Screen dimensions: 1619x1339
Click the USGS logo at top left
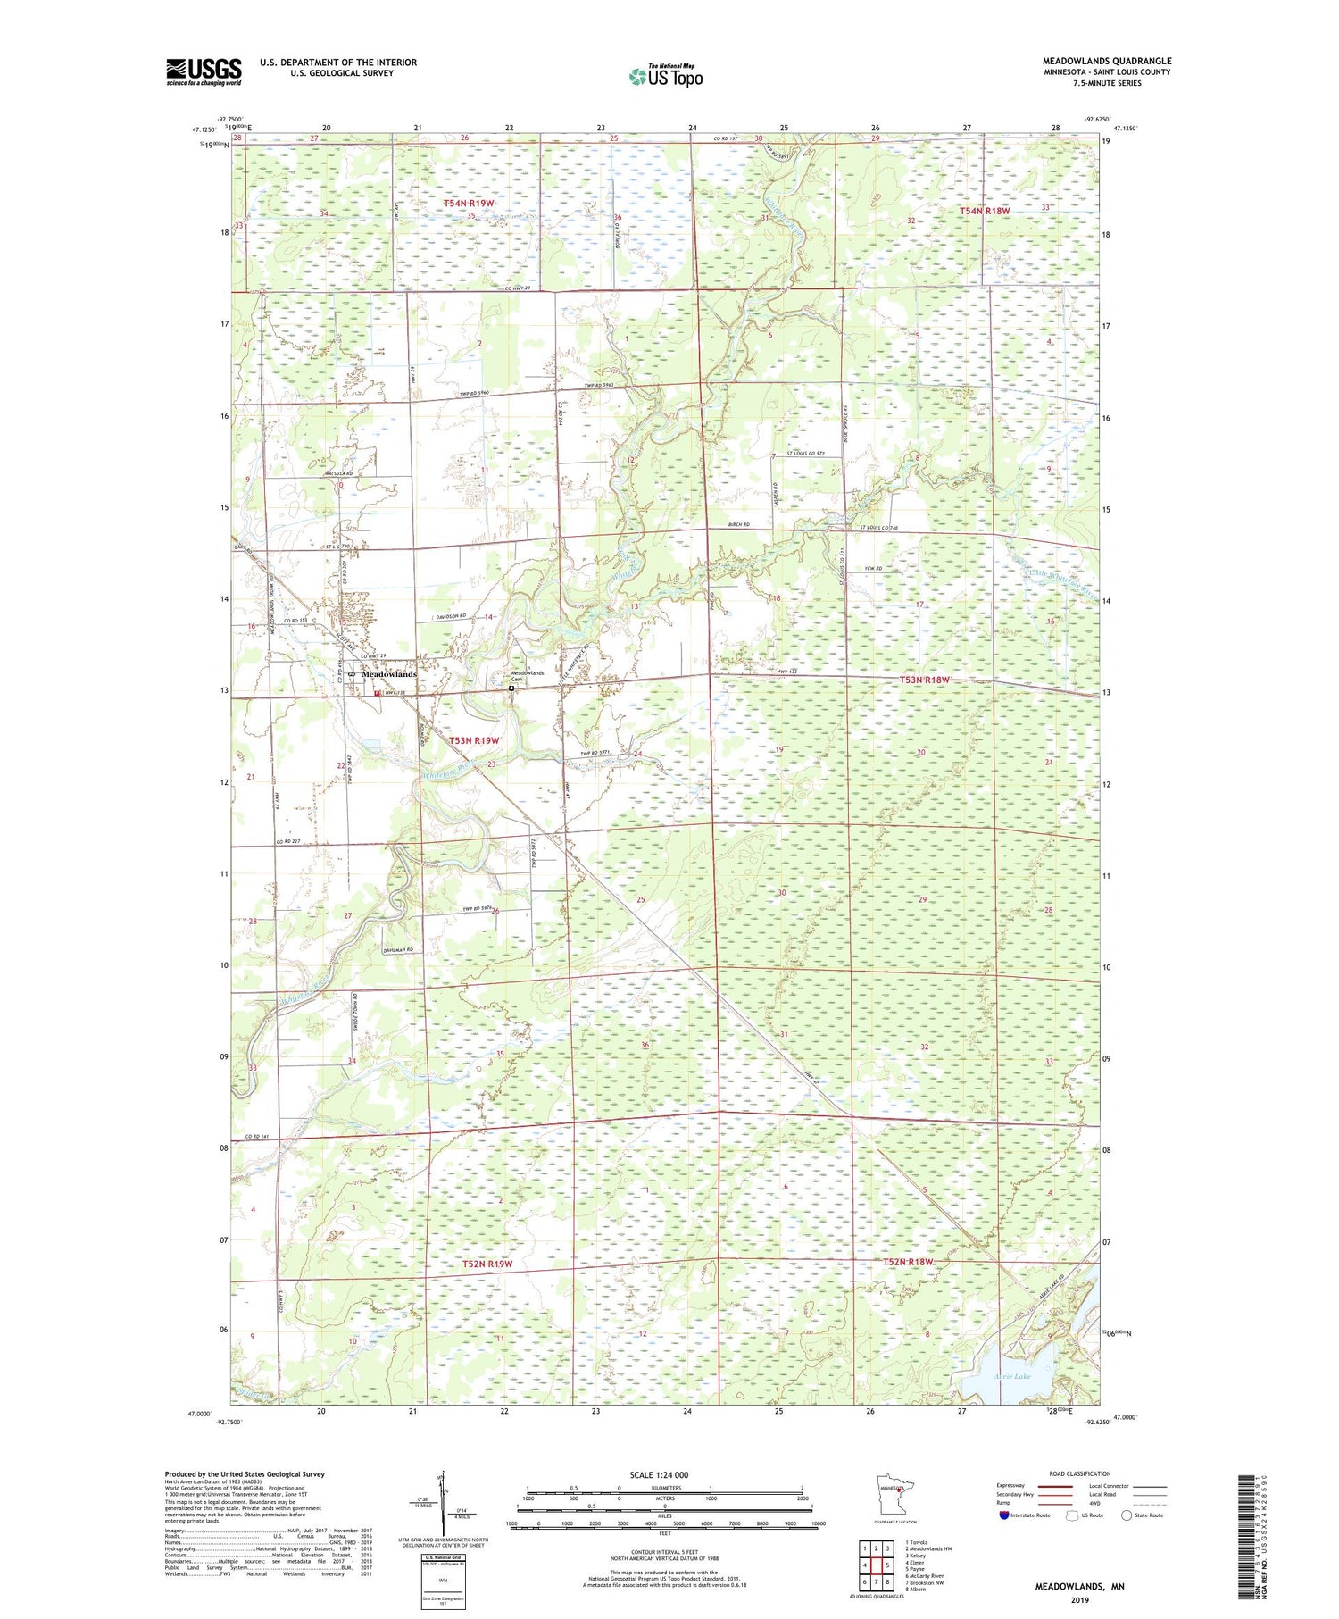point(204,71)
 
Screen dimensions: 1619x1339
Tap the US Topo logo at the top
point(664,77)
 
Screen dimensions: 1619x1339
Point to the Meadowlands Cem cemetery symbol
point(512,688)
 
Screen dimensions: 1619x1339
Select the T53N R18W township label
point(924,680)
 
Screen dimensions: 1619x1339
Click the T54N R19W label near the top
point(469,204)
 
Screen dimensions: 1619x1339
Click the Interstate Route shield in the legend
point(1004,1515)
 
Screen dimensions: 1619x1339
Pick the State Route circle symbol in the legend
point(1127,1515)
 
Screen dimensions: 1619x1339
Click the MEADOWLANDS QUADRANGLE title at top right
point(1107,61)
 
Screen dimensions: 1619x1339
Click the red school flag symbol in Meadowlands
point(378,693)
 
